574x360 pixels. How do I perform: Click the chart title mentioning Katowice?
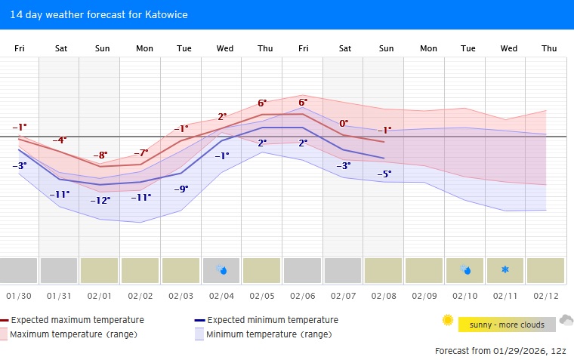tap(99, 14)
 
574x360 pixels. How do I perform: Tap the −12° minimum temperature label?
tap(100, 201)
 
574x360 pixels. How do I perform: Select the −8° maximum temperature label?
tap(100, 155)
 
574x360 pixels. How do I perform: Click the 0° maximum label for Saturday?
tap(344, 123)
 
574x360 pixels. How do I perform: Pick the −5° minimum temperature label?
tap(384, 174)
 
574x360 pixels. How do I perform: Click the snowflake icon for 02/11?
tap(505, 269)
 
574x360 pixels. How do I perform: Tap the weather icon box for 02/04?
tap(222, 269)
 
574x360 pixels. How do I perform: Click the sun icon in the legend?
tap(448, 321)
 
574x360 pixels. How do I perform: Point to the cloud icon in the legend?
tap(566, 321)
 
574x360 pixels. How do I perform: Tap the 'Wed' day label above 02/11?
tap(508, 48)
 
